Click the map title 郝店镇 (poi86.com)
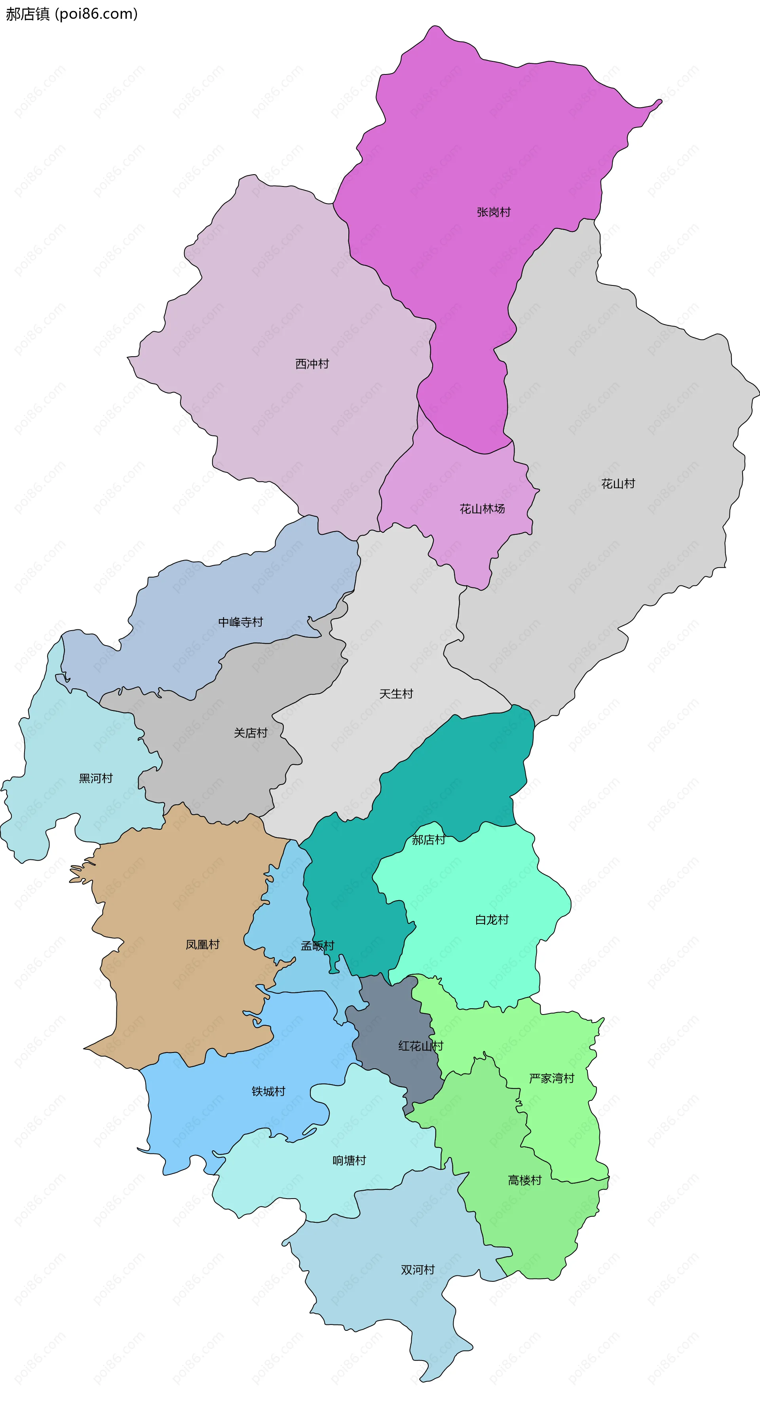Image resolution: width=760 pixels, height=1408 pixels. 72,14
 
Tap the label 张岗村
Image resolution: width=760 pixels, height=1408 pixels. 493,212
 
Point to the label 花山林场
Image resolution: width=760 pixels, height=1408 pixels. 482,509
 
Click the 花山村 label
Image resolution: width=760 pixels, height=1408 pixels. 618,484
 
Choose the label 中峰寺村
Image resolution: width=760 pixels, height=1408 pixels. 241,622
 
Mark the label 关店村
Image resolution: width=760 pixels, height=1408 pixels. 251,733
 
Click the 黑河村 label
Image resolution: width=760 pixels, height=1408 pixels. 96,778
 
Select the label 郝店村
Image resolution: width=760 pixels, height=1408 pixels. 428,840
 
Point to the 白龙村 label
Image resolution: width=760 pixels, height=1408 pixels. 492,920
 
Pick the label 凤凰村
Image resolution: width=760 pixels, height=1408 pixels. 202,944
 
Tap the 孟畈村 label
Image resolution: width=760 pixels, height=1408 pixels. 317,946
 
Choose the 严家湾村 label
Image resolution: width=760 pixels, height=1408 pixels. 552,1078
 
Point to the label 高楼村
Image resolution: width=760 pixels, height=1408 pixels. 524,1181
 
